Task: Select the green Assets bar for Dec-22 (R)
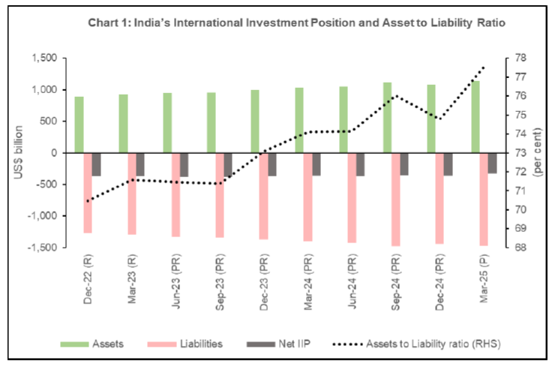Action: point(79,125)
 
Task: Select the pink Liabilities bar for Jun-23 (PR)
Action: point(175,194)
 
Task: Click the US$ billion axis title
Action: point(19,152)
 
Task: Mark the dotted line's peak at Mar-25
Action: point(484,68)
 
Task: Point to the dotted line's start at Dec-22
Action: point(87,201)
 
